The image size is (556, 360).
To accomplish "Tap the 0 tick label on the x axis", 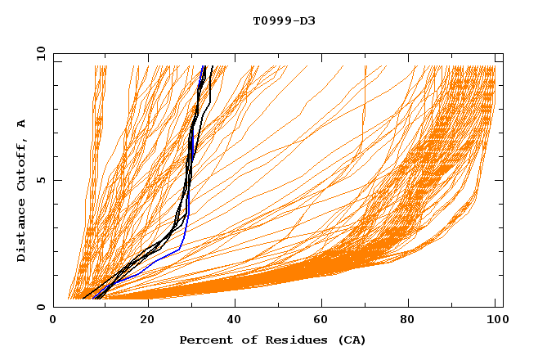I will coord(53,321).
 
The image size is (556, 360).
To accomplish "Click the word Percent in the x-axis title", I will coord(204,340).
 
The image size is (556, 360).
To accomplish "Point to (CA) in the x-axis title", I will coord(351,340).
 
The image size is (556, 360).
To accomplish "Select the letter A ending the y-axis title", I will coord(21,124).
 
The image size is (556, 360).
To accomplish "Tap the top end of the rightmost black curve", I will coord(213,66).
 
